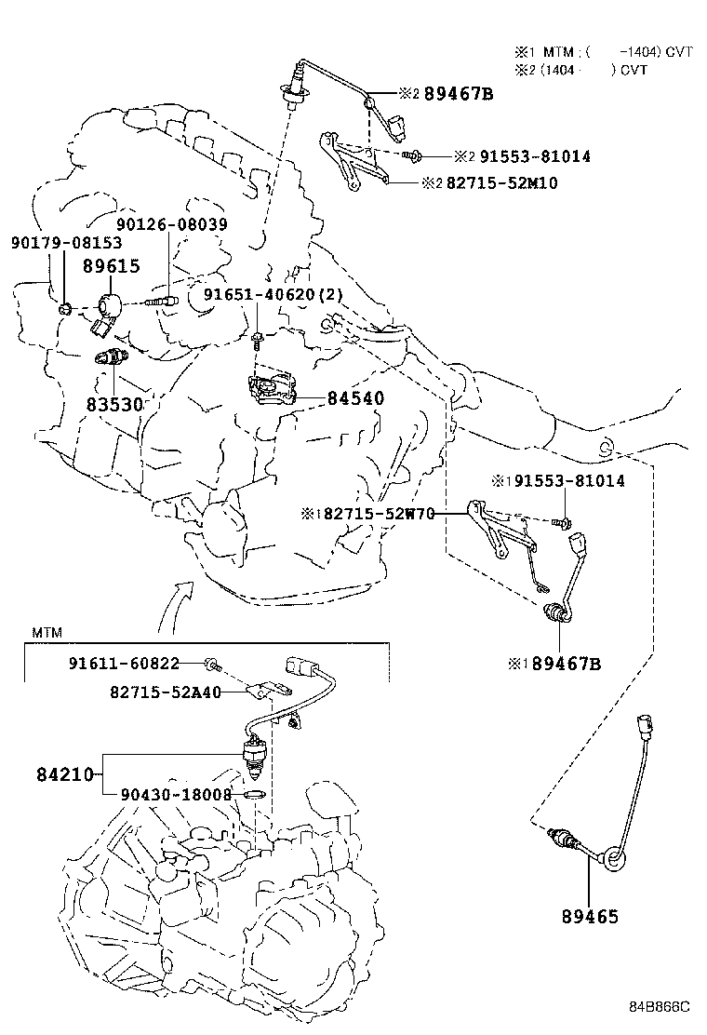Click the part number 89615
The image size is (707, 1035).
click(x=111, y=266)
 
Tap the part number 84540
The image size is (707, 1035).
click(x=355, y=398)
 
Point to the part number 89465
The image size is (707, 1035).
click(x=589, y=917)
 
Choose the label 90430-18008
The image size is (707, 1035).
click(x=176, y=795)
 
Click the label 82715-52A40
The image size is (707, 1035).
click(x=167, y=692)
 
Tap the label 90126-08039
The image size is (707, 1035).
click(x=172, y=225)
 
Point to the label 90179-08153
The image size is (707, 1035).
click(x=66, y=243)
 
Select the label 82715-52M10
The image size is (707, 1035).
click(x=501, y=182)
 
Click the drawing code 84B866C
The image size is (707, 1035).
click(x=659, y=1006)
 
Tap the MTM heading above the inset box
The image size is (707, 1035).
click(x=47, y=632)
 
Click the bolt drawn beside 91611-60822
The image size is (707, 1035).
click(x=212, y=664)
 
